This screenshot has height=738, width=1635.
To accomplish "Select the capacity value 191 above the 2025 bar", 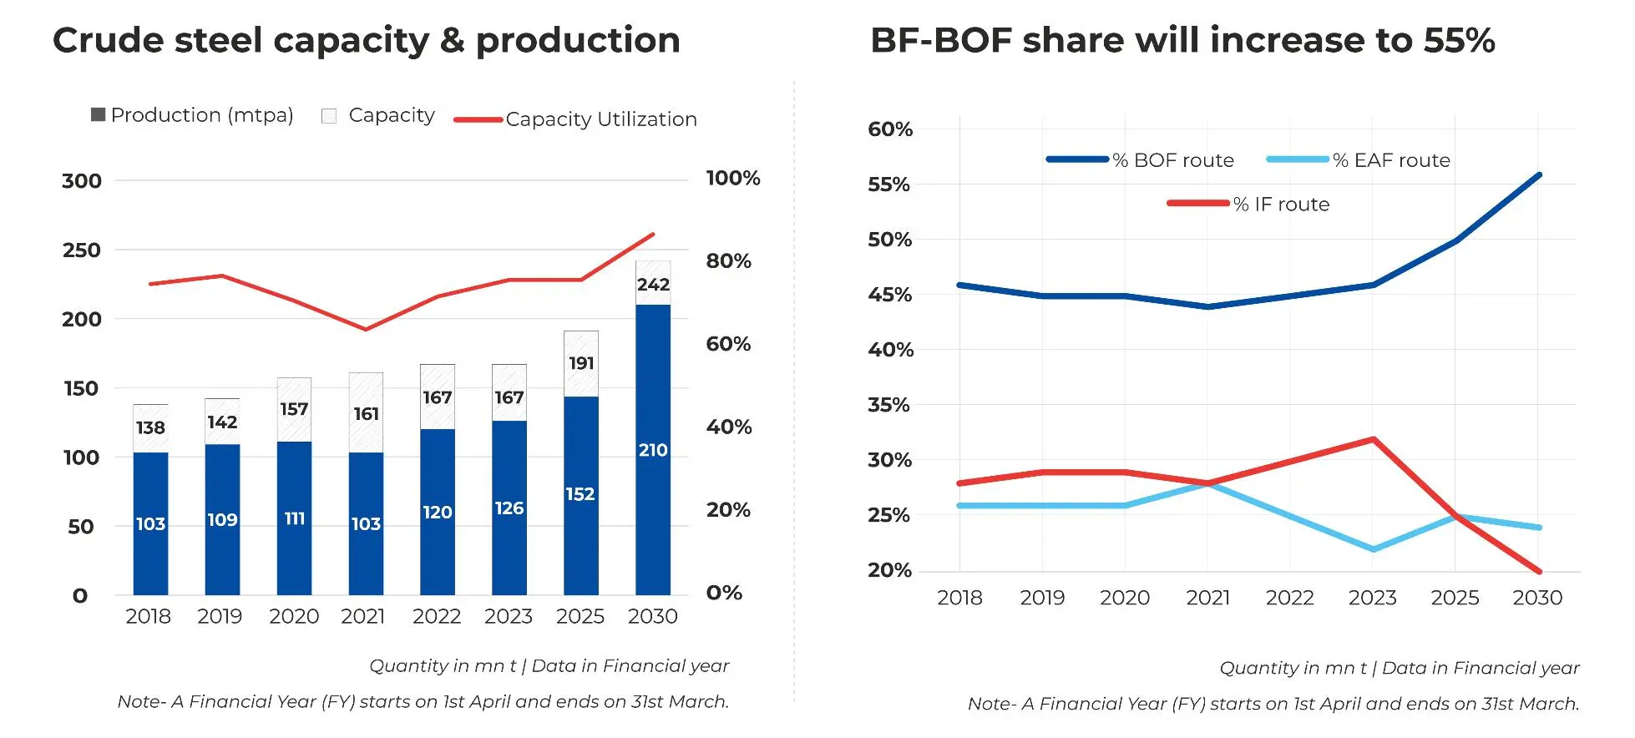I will coord(581,363).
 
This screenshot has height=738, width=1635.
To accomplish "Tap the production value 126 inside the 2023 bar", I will coord(509,508).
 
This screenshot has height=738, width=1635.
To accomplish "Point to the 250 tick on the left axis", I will coord(82,250).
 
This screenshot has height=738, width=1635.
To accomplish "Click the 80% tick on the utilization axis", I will coord(728,261).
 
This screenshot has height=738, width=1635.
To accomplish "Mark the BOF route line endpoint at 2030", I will coord(1539,175).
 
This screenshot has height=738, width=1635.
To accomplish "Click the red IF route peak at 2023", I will coord(1374,439).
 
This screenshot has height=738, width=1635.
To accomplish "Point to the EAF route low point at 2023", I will coord(1374,549).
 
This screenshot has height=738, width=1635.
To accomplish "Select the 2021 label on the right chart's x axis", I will coord(1207,598).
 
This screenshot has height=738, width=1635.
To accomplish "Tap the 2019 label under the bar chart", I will coord(220,616).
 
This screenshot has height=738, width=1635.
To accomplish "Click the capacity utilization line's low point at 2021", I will coord(366,329).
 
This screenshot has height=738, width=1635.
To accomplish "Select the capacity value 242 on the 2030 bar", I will coord(653,285).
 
